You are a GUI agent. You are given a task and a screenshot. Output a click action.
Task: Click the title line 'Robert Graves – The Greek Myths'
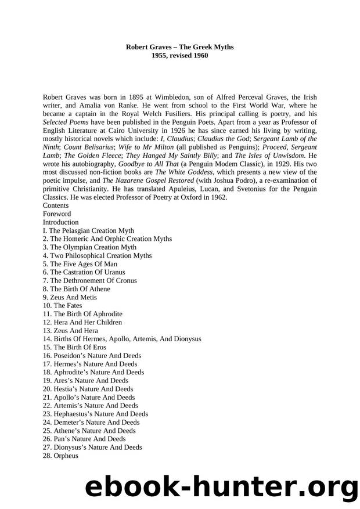[x=179, y=46]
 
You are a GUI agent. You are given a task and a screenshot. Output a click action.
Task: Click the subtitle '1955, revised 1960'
[x=179, y=55]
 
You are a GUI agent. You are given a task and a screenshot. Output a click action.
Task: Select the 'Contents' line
[x=56, y=205]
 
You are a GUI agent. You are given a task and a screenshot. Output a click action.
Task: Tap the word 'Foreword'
[x=57, y=214]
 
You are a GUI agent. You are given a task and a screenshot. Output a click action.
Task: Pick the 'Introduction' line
[x=60, y=222]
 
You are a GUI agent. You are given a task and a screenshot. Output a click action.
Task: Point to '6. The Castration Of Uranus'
[x=84, y=272]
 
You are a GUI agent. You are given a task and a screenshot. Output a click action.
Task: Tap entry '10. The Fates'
[x=62, y=306]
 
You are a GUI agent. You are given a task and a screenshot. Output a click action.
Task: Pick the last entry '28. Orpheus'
[x=60, y=456]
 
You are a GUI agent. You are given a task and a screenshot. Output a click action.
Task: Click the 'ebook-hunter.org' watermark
[x=221, y=485]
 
